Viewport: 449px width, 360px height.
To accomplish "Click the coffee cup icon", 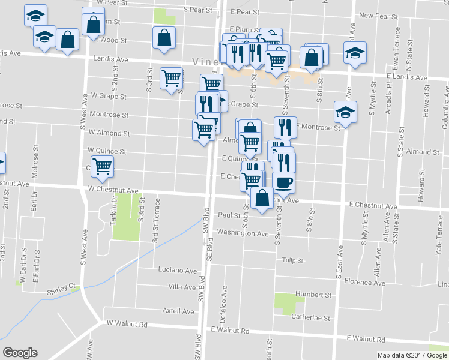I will (283, 181).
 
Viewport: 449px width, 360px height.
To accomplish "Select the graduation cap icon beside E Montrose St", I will (345, 112).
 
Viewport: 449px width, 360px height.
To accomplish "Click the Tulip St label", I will (293, 260).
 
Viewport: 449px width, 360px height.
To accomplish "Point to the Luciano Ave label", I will (177, 271).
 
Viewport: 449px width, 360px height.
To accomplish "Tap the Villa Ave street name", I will (182, 287).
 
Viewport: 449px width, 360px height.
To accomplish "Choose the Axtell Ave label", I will (178, 311).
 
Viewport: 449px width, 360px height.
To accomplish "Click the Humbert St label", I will (312, 295).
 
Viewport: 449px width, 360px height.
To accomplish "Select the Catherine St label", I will (310, 317).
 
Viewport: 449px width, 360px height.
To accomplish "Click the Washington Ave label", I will (243, 233).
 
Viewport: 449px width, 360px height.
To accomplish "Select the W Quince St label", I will (107, 151).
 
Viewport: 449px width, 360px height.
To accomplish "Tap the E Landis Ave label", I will (407, 77).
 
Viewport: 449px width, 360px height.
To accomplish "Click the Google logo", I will (20, 353).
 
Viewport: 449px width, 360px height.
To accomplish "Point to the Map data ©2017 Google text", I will (412, 355).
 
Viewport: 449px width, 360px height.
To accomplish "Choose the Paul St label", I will (229, 215).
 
